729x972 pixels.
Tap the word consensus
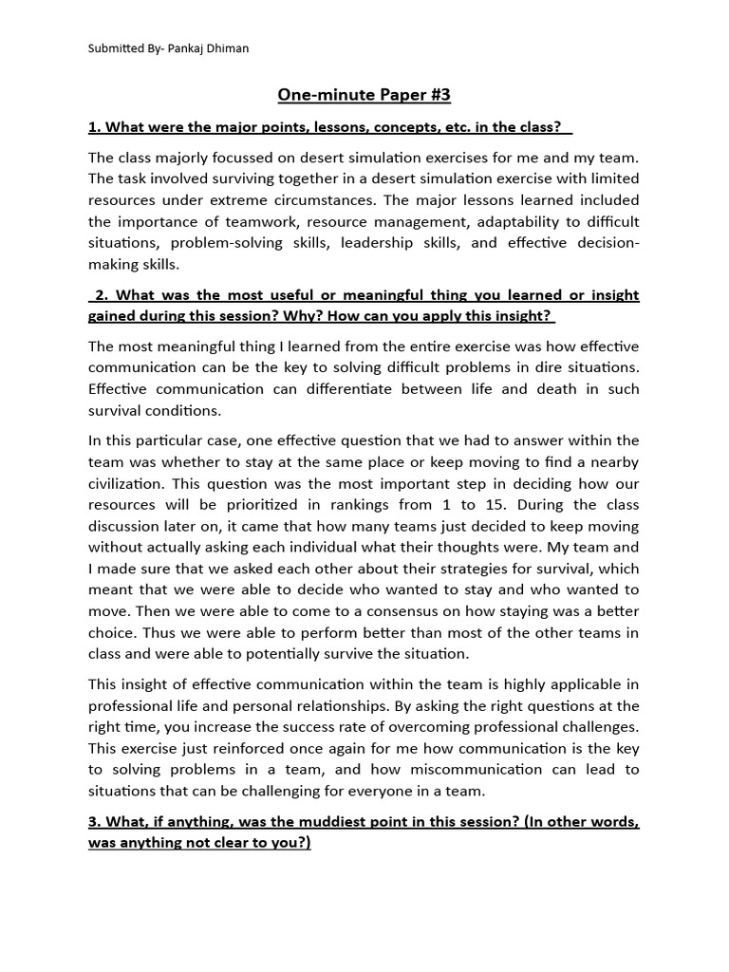[x=425, y=611]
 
